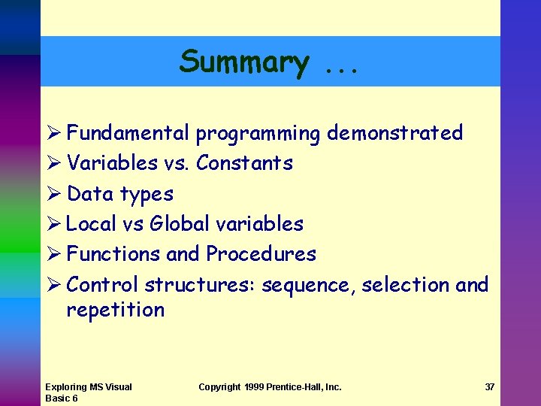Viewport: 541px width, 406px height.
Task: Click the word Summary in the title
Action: [243, 62]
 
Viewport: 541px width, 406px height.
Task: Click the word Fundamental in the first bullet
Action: [128, 133]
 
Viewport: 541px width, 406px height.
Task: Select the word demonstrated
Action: [394, 133]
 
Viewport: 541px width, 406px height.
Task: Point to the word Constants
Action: [244, 163]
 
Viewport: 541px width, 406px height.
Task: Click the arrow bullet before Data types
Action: [52, 194]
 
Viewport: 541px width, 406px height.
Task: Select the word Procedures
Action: [261, 254]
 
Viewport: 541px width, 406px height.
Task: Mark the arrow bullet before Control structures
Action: [52, 285]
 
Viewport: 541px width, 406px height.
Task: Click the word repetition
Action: [115, 310]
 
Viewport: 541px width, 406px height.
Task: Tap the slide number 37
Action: [489, 387]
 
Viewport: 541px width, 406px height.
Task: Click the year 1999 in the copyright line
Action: [257, 387]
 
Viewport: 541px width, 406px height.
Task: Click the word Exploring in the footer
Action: [65, 387]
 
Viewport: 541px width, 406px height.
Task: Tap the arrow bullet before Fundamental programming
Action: [52, 134]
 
